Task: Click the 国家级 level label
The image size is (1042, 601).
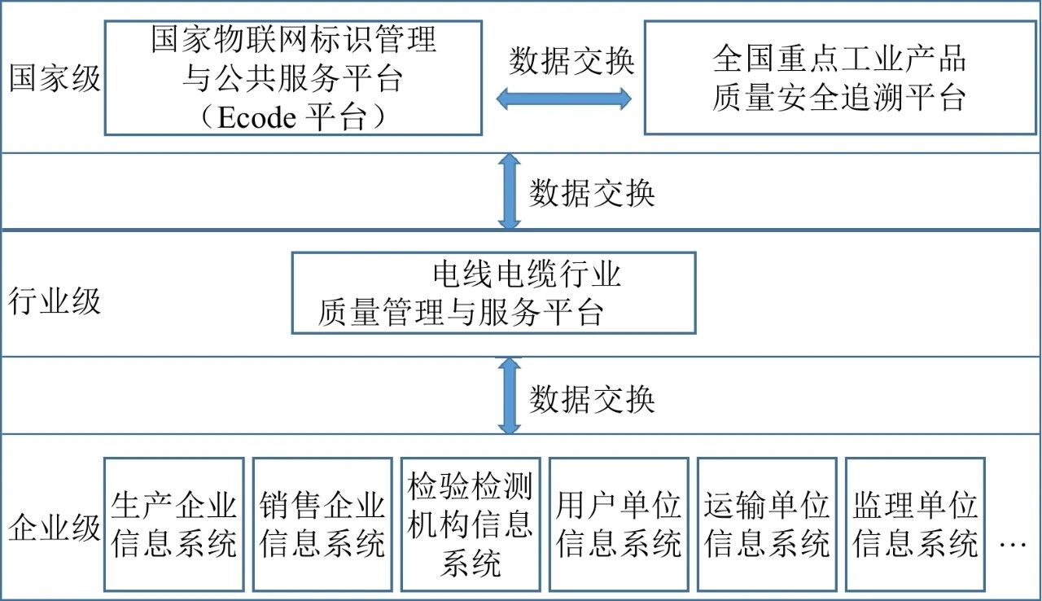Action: [x=55, y=80]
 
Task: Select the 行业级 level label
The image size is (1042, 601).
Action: [x=55, y=301]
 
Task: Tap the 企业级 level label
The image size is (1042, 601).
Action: [x=55, y=527]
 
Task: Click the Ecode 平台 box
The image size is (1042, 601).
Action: [x=293, y=78]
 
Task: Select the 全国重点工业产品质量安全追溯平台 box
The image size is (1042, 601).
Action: [x=840, y=78]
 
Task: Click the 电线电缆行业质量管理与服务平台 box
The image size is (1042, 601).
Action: [x=493, y=293]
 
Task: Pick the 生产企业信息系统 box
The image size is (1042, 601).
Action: [x=174, y=524]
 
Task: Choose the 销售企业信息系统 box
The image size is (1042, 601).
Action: [x=322, y=524]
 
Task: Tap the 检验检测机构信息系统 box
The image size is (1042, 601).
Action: [x=471, y=524]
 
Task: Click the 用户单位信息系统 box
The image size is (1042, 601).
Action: [x=619, y=524]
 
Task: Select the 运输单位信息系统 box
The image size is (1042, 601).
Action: [x=767, y=524]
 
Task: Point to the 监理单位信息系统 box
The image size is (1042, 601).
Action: [x=915, y=524]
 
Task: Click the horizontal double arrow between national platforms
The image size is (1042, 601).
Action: [x=563, y=99]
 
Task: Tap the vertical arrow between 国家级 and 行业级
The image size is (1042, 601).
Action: [x=510, y=192]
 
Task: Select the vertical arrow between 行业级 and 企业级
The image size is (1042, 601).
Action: [x=510, y=397]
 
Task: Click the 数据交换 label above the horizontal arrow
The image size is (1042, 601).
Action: [x=571, y=61]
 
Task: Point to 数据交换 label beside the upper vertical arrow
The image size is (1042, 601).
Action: [x=592, y=194]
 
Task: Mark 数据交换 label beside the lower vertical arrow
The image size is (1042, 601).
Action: [x=592, y=400]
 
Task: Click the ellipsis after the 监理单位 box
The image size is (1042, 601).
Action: [x=1013, y=543]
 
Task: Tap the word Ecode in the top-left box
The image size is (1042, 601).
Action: [x=258, y=118]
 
